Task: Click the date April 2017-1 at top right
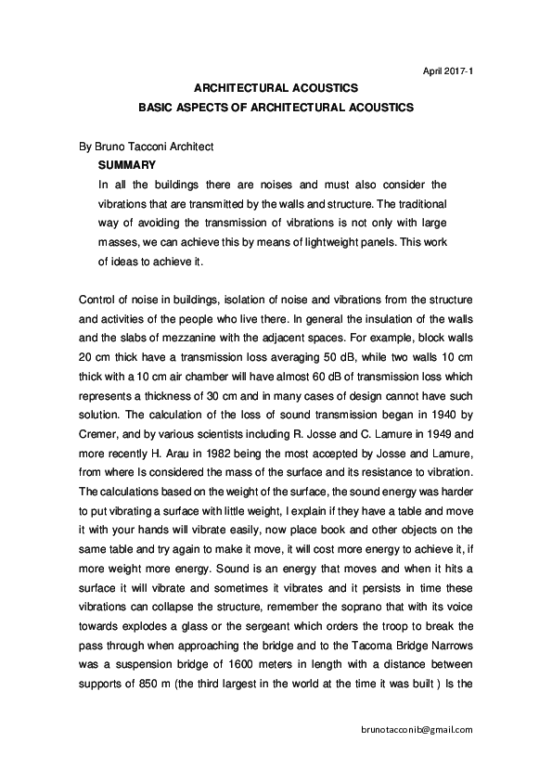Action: click(447, 70)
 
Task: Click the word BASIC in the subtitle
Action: click(157, 108)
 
